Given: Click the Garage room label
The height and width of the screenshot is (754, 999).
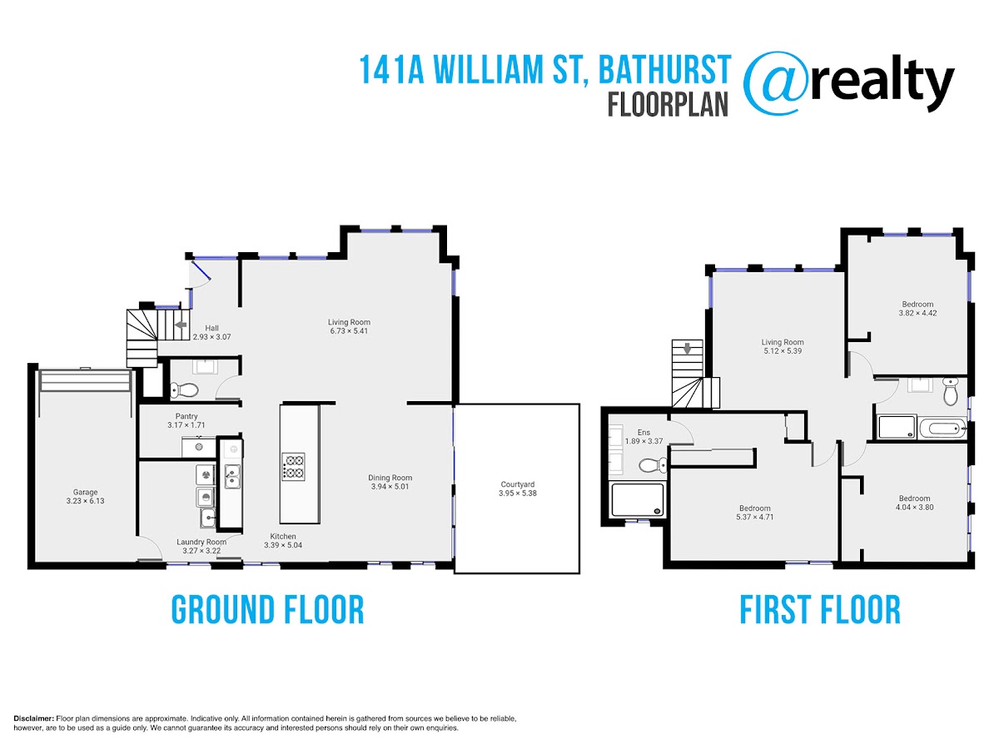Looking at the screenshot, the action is pyautogui.click(x=85, y=492).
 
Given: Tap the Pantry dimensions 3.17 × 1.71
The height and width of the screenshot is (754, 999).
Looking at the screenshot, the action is pyautogui.click(x=186, y=425).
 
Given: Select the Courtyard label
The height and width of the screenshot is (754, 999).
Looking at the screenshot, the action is pyautogui.click(x=518, y=484).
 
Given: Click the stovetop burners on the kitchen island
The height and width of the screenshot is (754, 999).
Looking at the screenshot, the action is pyautogui.click(x=293, y=467).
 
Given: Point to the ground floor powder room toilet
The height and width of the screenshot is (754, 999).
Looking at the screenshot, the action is pyautogui.click(x=184, y=389).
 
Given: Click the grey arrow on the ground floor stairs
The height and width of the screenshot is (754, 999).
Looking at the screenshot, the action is pyautogui.click(x=181, y=325).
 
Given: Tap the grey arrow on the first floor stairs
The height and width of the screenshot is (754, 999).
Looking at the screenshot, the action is pyautogui.click(x=687, y=349).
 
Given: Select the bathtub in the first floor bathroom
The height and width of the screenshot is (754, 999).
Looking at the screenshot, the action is pyautogui.click(x=942, y=429).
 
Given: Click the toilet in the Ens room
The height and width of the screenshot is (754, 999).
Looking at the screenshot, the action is pyautogui.click(x=653, y=465).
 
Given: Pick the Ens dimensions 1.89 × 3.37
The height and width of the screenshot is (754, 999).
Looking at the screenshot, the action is pyautogui.click(x=644, y=441).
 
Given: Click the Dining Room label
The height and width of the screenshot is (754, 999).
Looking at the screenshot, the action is pyautogui.click(x=390, y=478).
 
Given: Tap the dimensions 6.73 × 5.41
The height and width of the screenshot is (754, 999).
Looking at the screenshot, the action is pyautogui.click(x=349, y=331).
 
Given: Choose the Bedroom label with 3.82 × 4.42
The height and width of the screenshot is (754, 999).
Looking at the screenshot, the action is pyautogui.click(x=917, y=305).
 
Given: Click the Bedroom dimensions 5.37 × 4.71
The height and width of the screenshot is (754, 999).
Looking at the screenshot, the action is pyautogui.click(x=754, y=517).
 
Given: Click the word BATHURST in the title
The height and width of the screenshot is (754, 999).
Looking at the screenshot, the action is pyautogui.click(x=664, y=69).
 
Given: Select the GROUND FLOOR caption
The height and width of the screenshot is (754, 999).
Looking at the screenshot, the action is pyautogui.click(x=267, y=610).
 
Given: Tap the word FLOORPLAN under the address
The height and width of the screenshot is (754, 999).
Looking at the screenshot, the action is pyautogui.click(x=668, y=105).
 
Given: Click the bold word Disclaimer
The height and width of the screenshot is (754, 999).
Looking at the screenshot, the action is pyautogui.click(x=34, y=718).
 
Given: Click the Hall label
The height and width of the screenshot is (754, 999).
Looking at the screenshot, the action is pyautogui.click(x=211, y=328).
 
